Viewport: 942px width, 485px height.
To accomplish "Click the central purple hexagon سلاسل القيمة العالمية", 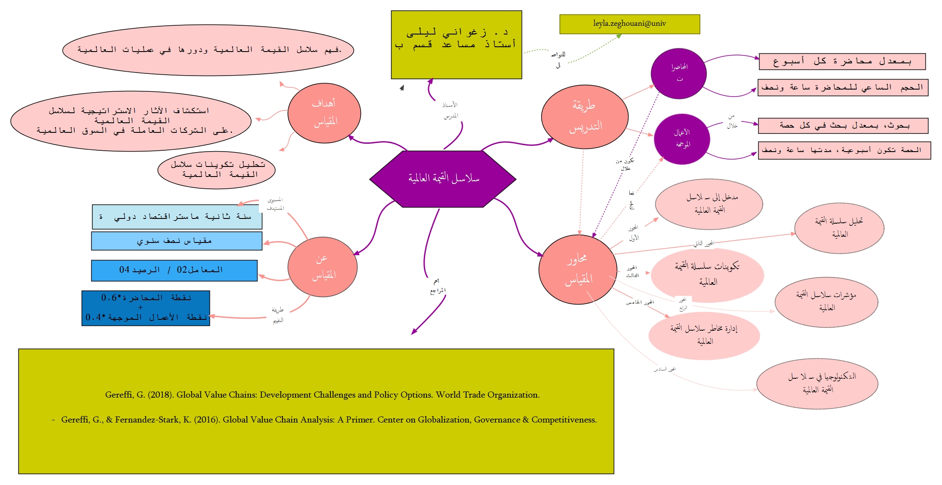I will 443,178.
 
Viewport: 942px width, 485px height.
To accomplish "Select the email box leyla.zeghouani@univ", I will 629,24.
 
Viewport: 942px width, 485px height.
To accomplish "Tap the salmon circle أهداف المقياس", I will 324,113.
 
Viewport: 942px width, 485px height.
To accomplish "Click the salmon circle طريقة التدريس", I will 584,117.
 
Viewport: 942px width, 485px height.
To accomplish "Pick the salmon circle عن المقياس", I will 322,267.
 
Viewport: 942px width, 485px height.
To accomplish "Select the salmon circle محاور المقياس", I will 578,269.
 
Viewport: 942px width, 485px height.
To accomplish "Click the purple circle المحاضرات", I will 678,73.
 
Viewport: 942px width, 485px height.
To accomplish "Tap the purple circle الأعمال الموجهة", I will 682,139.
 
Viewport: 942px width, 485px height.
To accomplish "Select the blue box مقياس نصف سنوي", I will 176,241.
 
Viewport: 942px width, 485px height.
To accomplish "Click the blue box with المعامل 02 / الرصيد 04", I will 174,270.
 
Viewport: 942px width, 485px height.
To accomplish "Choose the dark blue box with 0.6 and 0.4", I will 146,308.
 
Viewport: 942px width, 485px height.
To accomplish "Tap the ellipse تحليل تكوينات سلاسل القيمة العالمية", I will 217,170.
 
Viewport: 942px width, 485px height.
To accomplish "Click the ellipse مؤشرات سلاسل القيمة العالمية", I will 826,302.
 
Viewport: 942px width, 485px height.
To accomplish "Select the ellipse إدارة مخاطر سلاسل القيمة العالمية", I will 704,335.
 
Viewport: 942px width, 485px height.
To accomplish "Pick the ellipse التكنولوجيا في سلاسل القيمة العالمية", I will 817,384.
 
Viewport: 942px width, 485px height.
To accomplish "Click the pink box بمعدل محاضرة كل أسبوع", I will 842,62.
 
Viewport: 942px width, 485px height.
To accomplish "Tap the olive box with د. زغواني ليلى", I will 456,45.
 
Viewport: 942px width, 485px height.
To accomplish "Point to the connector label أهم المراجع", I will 437,286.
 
